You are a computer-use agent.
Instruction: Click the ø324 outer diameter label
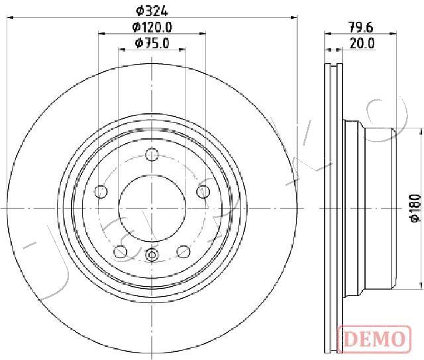pos(152,11)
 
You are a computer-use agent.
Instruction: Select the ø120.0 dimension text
pos(152,27)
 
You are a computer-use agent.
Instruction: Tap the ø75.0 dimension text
pos(152,43)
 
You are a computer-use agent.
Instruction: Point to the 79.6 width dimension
pos(360,27)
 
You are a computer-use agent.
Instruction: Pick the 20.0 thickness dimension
pos(362,43)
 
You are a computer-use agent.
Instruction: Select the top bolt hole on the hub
pos(152,154)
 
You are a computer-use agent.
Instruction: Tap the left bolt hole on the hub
pos(101,192)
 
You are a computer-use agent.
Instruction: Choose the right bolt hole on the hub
pos(203,192)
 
